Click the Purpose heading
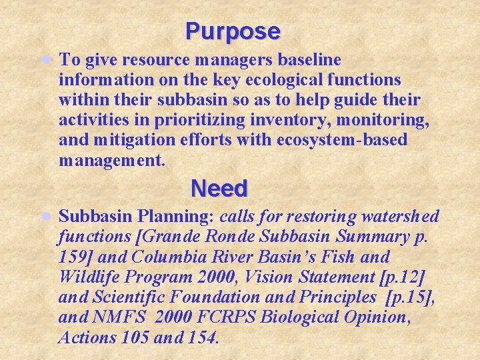pos(233,31)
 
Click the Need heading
pos(219,189)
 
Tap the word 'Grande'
pos(170,237)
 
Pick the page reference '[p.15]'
pos(410,297)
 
